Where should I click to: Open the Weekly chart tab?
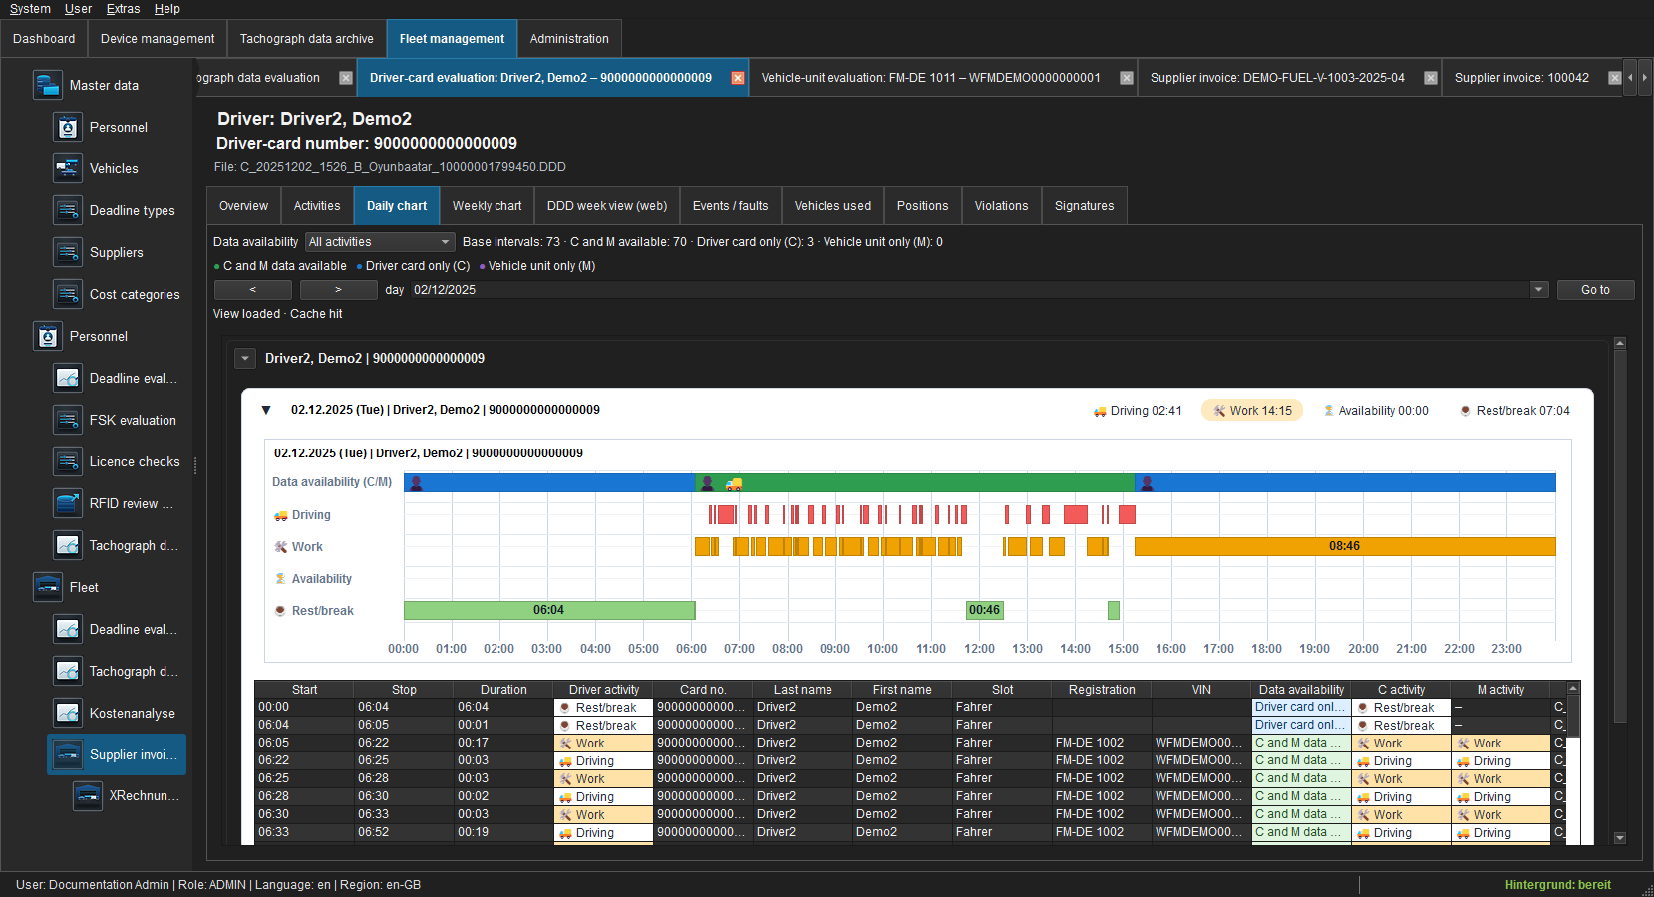(487, 206)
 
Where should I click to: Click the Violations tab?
(1001, 206)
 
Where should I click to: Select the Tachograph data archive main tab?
(306, 39)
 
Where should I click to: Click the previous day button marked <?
(252, 289)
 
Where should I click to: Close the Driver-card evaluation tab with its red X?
(737, 78)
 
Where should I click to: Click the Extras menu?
(123, 9)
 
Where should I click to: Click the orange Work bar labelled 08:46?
(1345, 546)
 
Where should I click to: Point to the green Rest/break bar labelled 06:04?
(548, 610)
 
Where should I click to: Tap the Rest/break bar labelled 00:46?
(984, 610)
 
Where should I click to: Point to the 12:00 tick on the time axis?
(979, 648)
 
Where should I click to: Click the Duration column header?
(503, 690)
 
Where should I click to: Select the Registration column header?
(1102, 690)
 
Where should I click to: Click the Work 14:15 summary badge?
(1252, 411)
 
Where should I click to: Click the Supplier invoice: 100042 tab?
(1521, 78)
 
